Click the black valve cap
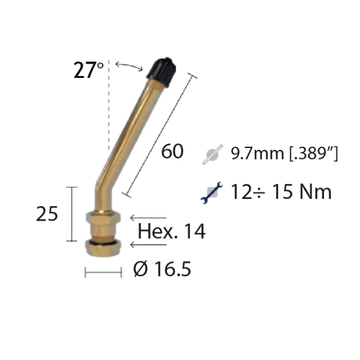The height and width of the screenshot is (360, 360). (x=162, y=72)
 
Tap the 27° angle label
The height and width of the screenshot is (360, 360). (x=88, y=70)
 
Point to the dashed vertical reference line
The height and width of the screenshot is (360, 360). (x=109, y=105)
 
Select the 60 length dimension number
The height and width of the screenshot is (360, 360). (x=172, y=151)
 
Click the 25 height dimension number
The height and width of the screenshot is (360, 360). (x=47, y=214)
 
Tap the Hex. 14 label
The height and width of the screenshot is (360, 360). (x=171, y=232)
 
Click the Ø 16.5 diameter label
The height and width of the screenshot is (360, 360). (x=162, y=269)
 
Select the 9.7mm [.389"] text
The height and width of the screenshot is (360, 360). (x=284, y=153)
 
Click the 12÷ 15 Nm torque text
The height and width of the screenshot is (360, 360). (x=281, y=192)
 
